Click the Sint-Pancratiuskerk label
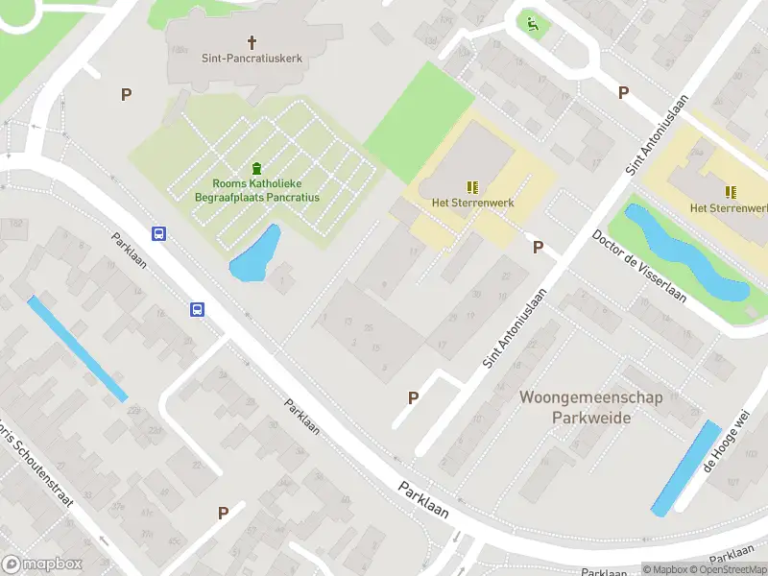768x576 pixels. (252, 59)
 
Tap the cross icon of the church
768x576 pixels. (252, 42)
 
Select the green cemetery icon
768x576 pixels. (256, 168)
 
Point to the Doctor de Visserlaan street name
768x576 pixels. (639, 266)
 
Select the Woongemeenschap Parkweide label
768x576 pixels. (591, 407)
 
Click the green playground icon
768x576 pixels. (532, 23)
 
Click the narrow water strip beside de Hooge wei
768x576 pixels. (685, 468)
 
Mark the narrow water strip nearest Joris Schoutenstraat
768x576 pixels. (77, 348)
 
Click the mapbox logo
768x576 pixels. (42, 564)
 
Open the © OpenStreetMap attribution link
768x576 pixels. (726, 569)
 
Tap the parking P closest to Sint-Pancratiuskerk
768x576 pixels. (125, 94)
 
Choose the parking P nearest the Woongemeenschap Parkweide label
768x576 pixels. (414, 397)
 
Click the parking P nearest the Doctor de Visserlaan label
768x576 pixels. (538, 248)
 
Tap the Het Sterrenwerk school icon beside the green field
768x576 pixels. (471, 187)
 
